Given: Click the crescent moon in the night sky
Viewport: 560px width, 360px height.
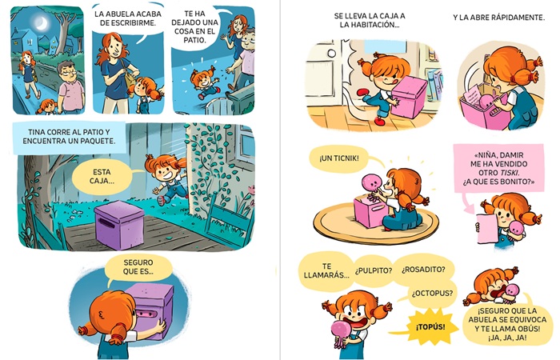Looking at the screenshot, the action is tap(42, 23).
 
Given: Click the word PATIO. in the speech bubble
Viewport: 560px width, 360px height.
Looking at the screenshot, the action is tap(194, 40).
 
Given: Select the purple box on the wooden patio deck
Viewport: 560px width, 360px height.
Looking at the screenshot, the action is tap(119, 225).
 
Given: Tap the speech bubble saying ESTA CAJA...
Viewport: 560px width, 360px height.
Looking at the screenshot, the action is tap(102, 176).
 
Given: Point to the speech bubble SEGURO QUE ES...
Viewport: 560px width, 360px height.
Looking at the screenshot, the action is tap(138, 266).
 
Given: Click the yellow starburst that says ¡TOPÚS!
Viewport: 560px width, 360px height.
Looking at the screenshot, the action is tap(430, 326).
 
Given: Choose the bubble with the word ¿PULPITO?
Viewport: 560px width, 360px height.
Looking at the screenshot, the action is tap(374, 270).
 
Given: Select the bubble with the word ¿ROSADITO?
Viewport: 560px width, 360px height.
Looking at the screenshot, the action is tap(423, 270).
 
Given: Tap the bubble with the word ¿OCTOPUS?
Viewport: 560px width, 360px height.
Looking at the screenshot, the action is tap(432, 294).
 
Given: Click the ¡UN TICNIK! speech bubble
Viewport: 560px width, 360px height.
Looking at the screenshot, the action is tap(339, 158).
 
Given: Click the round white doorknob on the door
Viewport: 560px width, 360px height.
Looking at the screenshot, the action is tap(331, 54).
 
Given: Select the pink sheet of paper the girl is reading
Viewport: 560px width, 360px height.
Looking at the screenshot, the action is tap(487, 228).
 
